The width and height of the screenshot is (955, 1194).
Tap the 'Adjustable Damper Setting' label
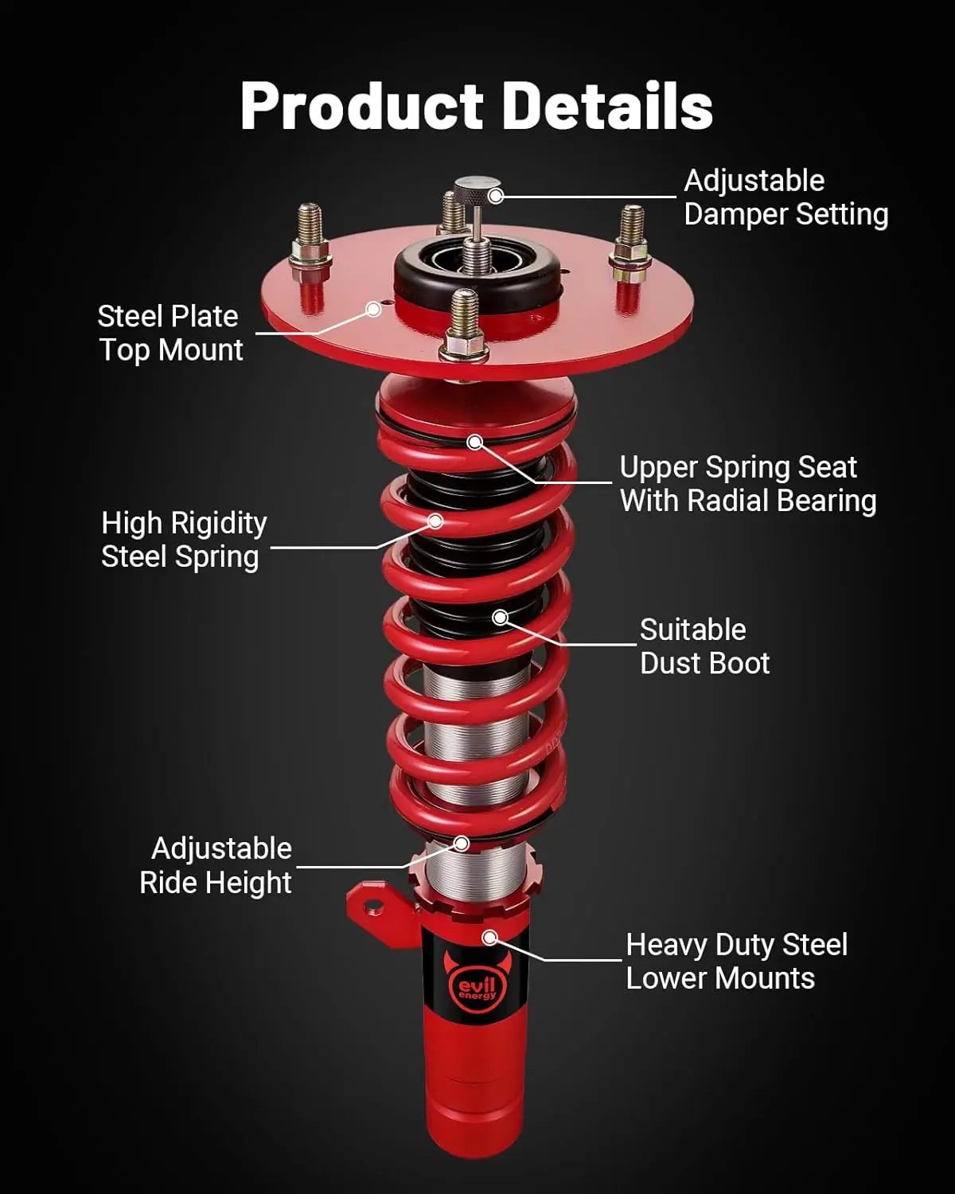click(785, 197)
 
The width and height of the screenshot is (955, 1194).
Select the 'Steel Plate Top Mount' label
click(170, 334)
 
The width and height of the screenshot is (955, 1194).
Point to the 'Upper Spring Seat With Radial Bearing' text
click(747, 484)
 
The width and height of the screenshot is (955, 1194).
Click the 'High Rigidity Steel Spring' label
click(184, 540)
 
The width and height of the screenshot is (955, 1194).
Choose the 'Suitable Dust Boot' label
click(704, 646)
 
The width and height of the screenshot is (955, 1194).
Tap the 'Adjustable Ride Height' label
click(216, 865)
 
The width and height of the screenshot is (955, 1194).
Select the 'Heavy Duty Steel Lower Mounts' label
click(736, 962)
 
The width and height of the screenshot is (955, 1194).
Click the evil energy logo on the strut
click(477, 987)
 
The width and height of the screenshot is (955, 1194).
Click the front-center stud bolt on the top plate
click(464, 326)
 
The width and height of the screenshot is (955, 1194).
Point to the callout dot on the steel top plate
click(373, 309)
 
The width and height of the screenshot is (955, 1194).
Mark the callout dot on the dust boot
click(500, 617)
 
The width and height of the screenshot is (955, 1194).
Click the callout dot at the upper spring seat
click(475, 442)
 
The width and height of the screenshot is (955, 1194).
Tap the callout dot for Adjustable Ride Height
click(462, 843)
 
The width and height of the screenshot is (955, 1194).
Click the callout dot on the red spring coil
click(435, 521)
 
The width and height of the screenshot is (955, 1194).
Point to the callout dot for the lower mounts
click(490, 938)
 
